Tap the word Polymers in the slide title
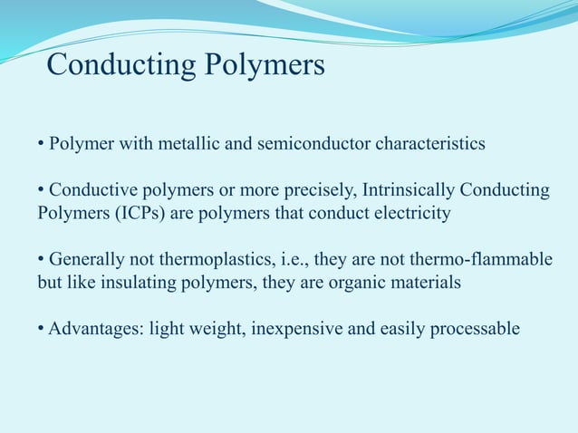pos(265,66)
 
